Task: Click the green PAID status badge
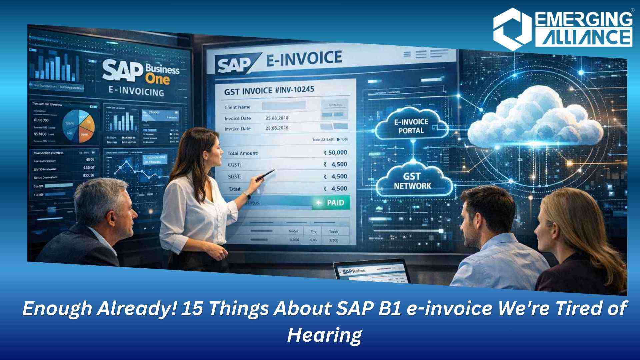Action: pos(331,203)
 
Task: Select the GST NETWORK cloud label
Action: pos(413,181)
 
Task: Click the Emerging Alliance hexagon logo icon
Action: pos(512,29)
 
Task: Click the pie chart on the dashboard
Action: pos(79,126)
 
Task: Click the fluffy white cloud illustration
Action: pos(535,120)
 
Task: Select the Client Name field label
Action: pos(238,107)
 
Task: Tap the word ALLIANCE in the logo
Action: pos(583,37)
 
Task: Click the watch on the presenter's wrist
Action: pos(247,195)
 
